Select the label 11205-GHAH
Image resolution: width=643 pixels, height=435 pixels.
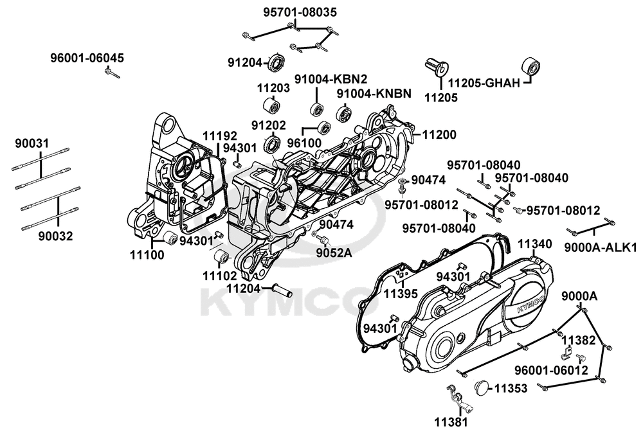click(x=484, y=82)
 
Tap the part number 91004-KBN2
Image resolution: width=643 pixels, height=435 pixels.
click(x=331, y=79)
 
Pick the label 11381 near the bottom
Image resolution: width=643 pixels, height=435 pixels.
click(x=448, y=423)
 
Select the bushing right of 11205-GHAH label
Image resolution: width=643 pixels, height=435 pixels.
click(x=532, y=67)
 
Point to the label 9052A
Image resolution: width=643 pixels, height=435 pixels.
click(x=334, y=253)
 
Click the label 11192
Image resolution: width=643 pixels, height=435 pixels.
click(x=220, y=136)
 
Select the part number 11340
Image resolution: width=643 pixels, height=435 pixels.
click(x=534, y=244)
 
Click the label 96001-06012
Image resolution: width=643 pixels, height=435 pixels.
click(x=550, y=371)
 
